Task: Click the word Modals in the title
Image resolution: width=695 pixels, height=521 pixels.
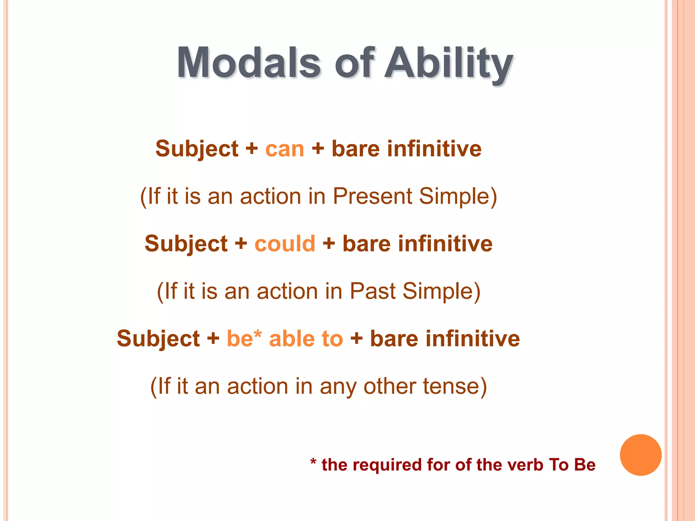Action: point(248,63)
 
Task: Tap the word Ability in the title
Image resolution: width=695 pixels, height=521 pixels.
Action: point(449,63)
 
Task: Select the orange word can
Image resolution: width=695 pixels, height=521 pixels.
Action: point(285,149)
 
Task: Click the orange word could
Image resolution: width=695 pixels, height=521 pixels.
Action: point(285,244)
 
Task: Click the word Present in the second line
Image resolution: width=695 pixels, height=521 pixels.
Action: point(372,196)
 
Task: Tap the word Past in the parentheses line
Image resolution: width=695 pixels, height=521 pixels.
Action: point(372,291)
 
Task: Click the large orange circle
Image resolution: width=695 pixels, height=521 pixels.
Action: point(640,455)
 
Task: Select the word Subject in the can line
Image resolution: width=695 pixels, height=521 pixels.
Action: point(197,149)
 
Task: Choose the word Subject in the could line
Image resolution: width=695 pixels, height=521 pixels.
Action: point(186,244)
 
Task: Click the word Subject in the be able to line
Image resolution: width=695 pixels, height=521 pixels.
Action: point(158,339)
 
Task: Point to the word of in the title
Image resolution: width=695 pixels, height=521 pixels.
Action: point(355,63)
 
